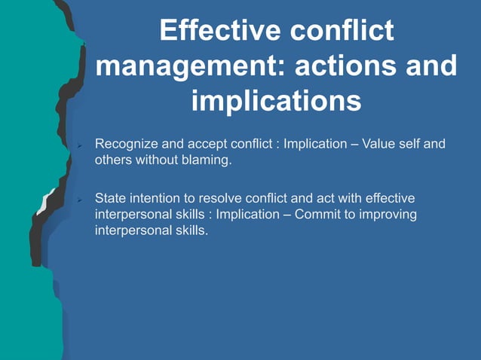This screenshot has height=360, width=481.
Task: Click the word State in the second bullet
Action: (109, 199)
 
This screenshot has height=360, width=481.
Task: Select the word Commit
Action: (314, 215)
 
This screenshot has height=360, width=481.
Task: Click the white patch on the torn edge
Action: (45, 202)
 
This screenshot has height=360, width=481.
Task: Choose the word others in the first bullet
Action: (112, 160)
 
